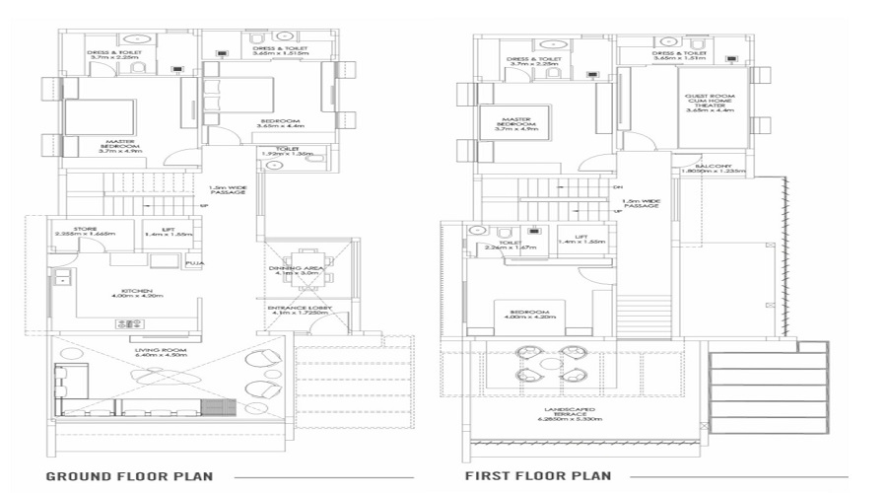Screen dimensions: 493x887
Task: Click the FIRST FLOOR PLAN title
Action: pyautogui.click(x=537, y=476)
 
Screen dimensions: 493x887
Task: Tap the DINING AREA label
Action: pyautogui.click(x=298, y=268)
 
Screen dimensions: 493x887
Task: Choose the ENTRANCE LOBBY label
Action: pyautogui.click(x=298, y=309)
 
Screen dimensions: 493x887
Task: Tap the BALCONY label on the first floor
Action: pyautogui.click(x=714, y=165)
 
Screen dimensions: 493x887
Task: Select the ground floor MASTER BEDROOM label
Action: pyautogui.click(x=121, y=146)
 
